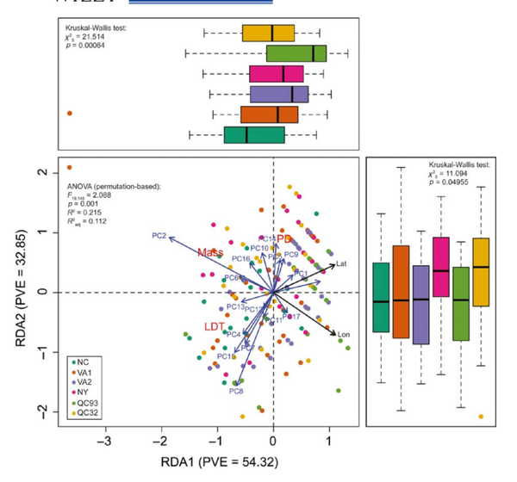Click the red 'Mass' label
pos(210,253)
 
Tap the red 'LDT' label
pos(215,326)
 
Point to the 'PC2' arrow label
pos(159,235)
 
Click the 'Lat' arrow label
pos(341,263)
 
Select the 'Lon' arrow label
pos(343,334)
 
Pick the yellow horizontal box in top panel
pos(268,34)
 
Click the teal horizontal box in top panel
pos(254,135)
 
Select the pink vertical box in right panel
pos(441,267)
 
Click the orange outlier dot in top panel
pos(70,113)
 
